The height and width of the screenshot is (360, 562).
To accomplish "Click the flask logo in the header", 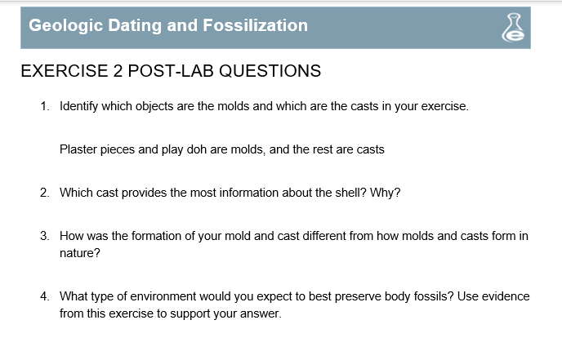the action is point(513,28).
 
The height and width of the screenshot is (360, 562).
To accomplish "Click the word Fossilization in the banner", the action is point(255,25).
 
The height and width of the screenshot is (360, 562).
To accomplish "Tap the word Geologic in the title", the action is point(65,26).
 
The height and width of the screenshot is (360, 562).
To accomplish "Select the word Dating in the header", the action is point(135,26).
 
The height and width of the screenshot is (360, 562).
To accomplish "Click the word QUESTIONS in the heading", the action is point(270,70).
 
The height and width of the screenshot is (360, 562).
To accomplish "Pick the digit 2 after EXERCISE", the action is point(118,70).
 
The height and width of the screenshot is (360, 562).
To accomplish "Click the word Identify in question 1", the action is point(79,106).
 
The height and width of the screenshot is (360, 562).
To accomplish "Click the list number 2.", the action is point(44,193).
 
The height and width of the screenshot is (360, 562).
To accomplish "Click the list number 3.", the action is point(44,236).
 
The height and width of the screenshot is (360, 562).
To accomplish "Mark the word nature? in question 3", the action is point(80,253).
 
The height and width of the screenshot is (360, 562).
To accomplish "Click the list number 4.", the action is point(44,296).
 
